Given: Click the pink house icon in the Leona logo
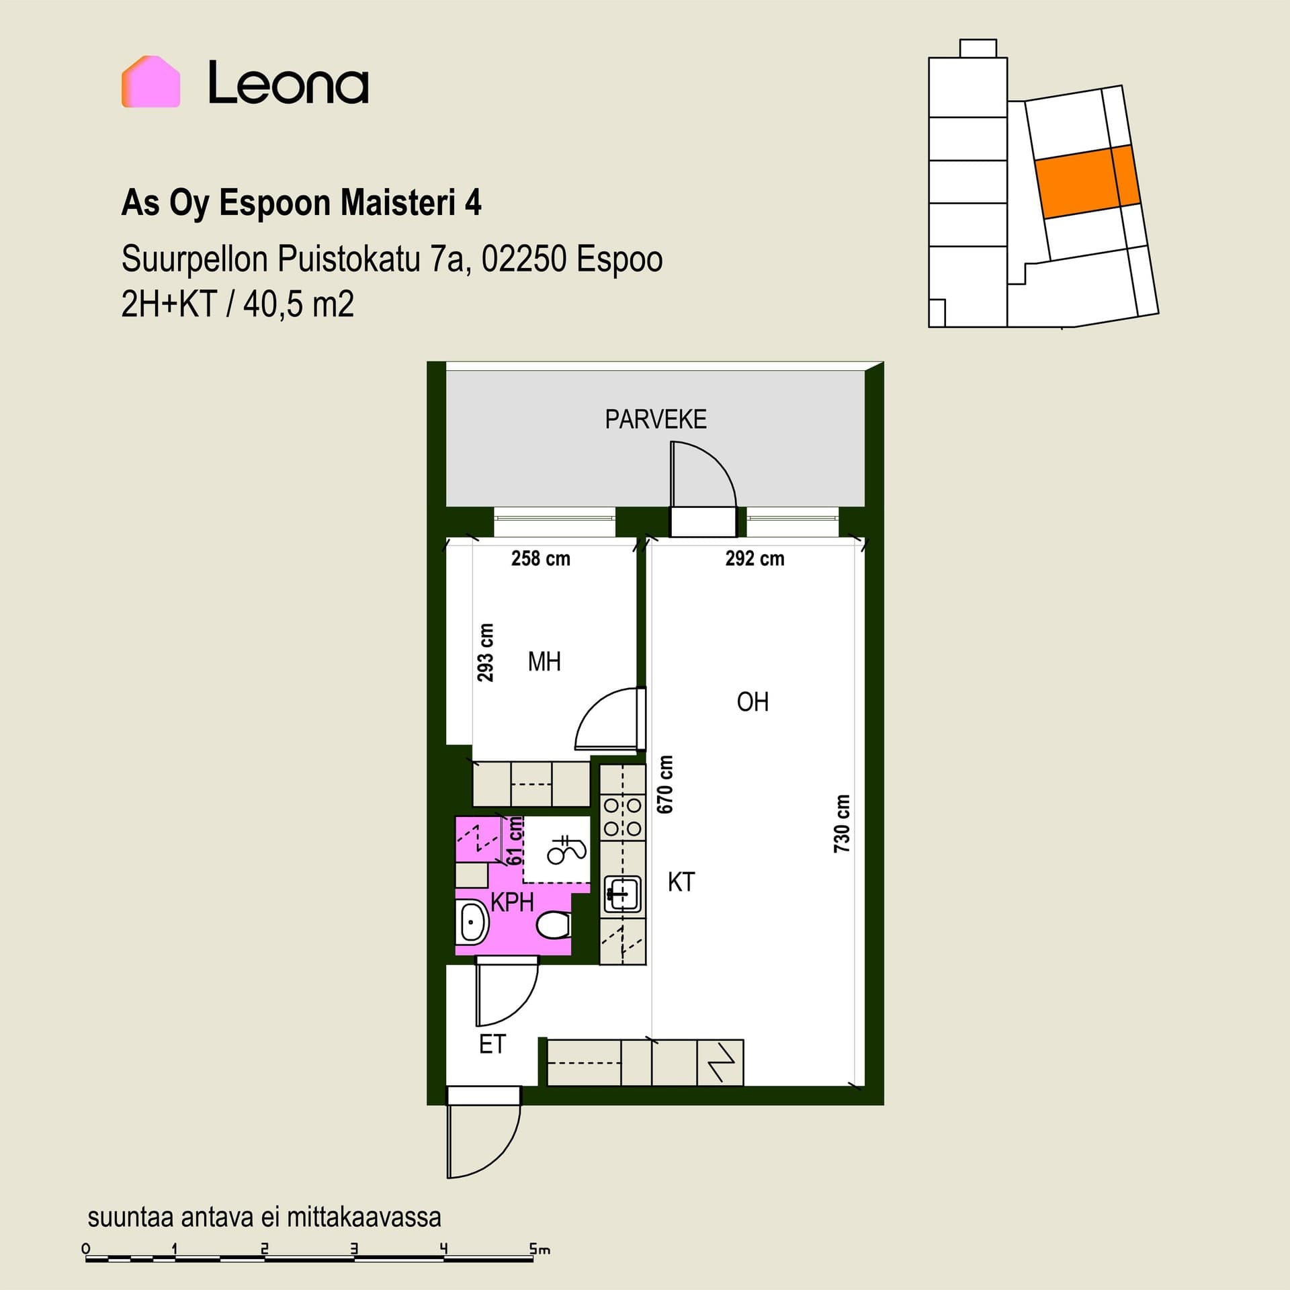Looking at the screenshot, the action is [x=150, y=81].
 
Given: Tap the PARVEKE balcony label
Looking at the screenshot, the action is [x=656, y=419].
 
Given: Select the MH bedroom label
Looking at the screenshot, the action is [x=544, y=662].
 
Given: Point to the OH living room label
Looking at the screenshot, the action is [x=752, y=702].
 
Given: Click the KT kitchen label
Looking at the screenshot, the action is [x=681, y=882].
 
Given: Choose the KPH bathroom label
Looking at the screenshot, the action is [x=512, y=902].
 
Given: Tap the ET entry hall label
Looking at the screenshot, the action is [x=492, y=1044].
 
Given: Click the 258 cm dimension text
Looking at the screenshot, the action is [x=541, y=558].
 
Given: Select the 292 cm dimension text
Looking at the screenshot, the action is [x=755, y=558].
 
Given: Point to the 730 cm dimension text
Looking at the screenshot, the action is [x=842, y=824].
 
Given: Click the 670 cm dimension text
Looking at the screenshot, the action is [x=664, y=785].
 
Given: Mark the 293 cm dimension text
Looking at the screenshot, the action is [x=485, y=652].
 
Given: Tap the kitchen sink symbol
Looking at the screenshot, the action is [x=622, y=894].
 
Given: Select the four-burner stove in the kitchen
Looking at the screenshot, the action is [x=622, y=817].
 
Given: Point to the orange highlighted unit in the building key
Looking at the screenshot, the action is [x=1087, y=181].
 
